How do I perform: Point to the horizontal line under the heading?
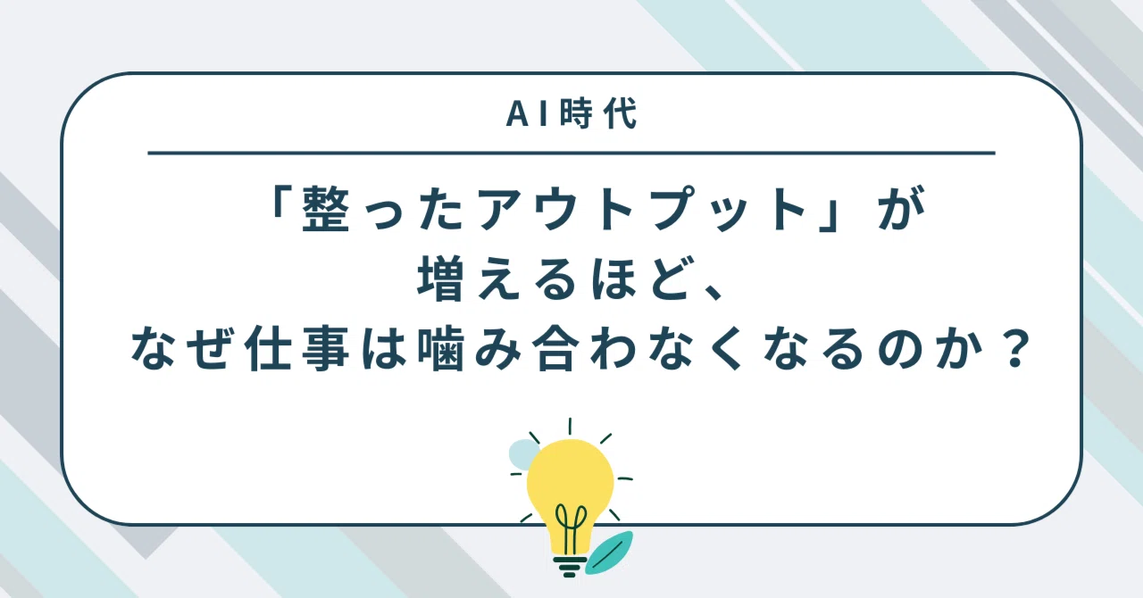(571, 153)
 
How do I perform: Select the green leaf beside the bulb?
(609, 552)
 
